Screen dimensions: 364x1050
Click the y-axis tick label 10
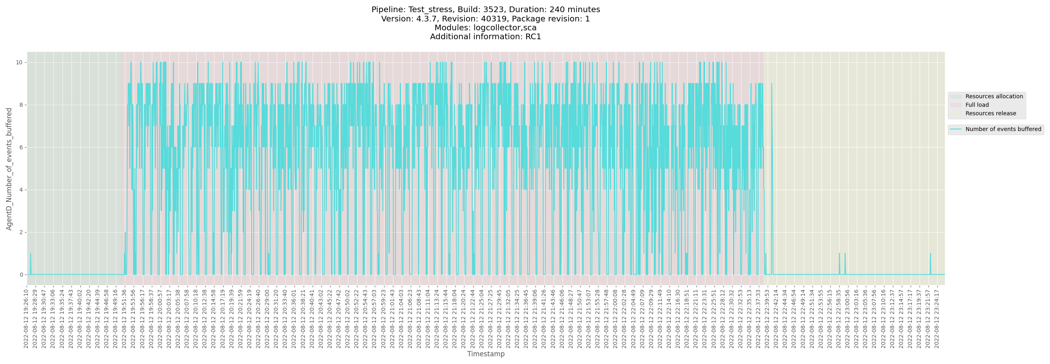[19, 62]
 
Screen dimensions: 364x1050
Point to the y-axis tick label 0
[21, 275]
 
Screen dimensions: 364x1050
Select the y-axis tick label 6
[21, 147]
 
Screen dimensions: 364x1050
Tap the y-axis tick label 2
[21, 232]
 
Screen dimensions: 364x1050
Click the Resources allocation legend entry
[994, 96]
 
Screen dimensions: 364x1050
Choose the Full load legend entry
[976, 105]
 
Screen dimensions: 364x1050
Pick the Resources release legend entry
[991, 113]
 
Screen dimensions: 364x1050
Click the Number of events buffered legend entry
[1003, 129]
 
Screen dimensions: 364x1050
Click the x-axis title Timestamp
[485, 354]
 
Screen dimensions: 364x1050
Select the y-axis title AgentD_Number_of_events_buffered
[9, 169]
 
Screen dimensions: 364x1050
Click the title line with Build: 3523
[485, 9]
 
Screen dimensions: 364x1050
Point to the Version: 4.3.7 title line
[485, 19]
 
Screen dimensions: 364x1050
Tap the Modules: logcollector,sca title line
[485, 28]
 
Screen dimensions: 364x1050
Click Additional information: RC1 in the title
[485, 37]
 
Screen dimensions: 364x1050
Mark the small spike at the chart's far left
[31, 254]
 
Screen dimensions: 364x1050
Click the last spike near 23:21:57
[930, 254]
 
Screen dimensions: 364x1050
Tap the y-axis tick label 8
[21, 105]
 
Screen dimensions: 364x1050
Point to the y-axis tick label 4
[21, 190]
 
